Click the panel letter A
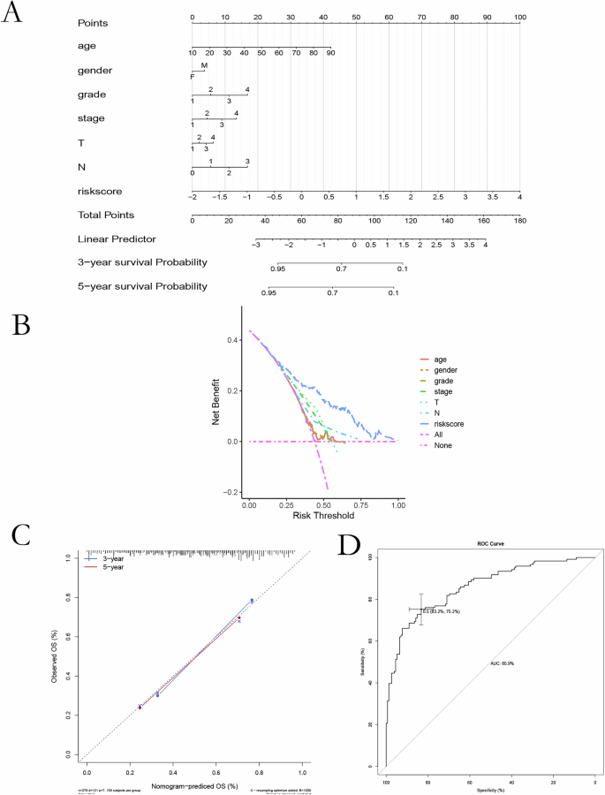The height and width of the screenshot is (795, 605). tap(15, 16)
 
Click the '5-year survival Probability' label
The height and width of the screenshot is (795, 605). tap(142, 286)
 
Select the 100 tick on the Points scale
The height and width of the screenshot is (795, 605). tap(520, 17)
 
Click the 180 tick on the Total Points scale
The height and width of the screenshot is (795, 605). tap(519, 220)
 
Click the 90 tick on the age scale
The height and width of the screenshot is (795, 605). tap(330, 54)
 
